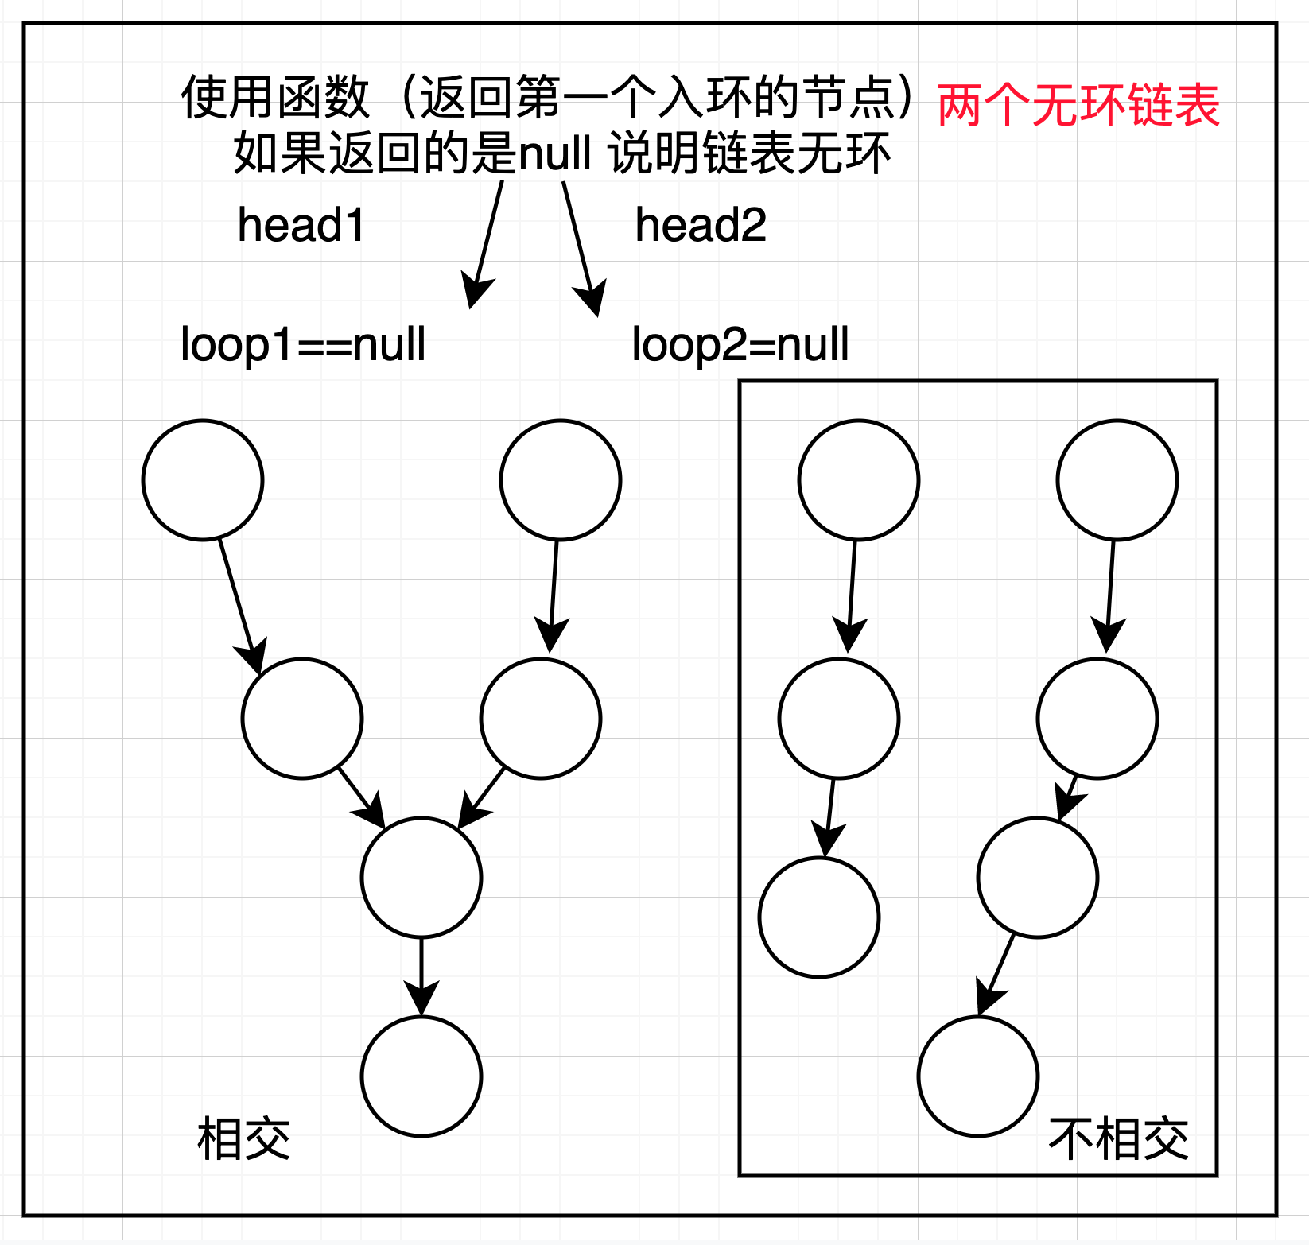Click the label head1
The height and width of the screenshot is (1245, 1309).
coord(301,225)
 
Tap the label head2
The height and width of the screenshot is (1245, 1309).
coord(700,225)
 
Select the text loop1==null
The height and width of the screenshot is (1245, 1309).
coord(303,344)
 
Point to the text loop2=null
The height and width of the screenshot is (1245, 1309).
coord(740,344)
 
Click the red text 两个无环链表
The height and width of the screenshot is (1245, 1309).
coord(1078,105)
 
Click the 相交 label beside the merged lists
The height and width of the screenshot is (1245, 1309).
coord(243,1138)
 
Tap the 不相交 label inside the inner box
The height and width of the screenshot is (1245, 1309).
coord(1118,1138)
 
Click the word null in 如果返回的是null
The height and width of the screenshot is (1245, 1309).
coord(554,153)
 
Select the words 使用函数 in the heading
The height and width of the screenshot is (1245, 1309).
coord(275,98)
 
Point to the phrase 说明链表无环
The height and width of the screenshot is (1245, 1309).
coord(749,153)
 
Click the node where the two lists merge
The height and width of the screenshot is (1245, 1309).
coord(421,878)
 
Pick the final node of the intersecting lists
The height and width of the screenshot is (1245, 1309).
coord(421,1076)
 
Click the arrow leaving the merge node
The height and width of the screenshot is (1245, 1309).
coord(421,976)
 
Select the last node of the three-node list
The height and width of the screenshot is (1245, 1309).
coord(819,917)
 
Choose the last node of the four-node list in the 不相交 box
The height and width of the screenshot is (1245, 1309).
coord(978,1076)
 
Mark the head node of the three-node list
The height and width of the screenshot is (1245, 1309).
coord(859,480)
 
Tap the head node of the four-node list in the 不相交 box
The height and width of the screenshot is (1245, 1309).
coord(1117,480)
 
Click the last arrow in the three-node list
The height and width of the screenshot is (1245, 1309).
coord(829,817)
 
